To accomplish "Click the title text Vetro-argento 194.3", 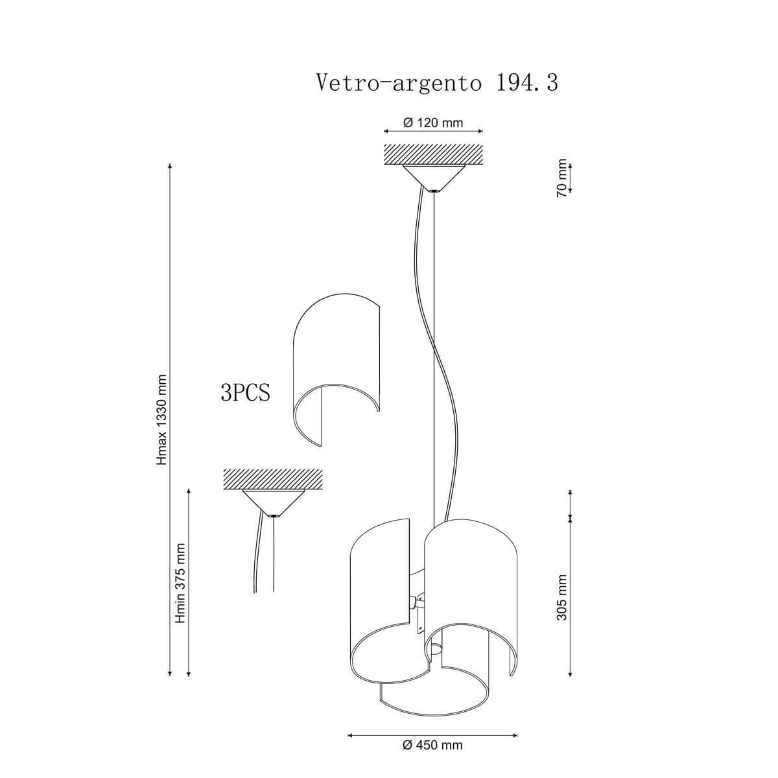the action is pyautogui.click(x=437, y=83).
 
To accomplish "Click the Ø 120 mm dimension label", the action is pyautogui.click(x=433, y=123).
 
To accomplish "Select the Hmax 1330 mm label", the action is pyautogui.click(x=162, y=420).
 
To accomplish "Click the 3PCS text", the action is pyautogui.click(x=246, y=392).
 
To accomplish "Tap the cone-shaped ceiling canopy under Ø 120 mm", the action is pyautogui.click(x=434, y=178).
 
